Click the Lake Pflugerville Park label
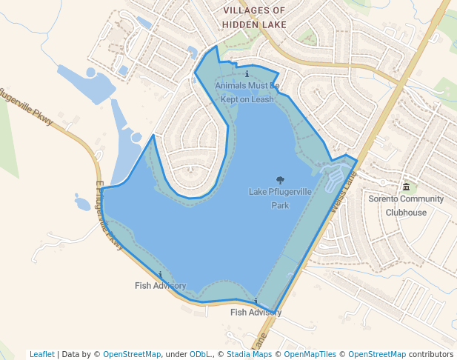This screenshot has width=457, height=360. [280, 199]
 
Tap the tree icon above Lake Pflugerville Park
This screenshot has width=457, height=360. [280, 180]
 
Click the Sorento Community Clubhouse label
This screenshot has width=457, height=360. [406, 205]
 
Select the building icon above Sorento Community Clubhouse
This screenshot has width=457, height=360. [406, 186]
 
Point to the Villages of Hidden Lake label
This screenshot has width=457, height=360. [254, 17]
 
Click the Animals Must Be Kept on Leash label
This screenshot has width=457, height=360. [247, 93]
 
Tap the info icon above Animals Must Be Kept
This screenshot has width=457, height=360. [247, 75]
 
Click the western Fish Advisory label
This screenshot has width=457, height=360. [160, 285]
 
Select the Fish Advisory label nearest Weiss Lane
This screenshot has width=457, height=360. [256, 312]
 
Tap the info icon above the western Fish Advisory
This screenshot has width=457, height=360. [161, 275]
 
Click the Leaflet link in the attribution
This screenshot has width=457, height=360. [41, 354]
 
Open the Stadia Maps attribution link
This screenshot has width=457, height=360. [249, 354]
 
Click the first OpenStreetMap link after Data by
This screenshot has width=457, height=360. [131, 354]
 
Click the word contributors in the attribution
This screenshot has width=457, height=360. [431, 354]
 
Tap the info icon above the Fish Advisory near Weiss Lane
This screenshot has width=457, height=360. [256, 301]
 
